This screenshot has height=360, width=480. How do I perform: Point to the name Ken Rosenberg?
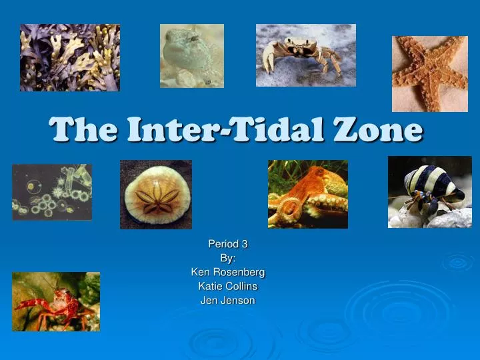coord(228,272)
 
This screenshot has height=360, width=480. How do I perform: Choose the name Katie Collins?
coord(228,286)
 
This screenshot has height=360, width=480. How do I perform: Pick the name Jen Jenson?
coord(228,300)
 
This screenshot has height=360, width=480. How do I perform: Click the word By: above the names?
coord(228,258)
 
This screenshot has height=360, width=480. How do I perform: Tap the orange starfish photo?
coord(429,73)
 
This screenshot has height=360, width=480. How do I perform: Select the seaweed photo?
coord(70,57)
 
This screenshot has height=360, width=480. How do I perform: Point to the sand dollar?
coord(156,194)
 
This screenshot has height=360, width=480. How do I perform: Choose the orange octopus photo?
coord(307,194)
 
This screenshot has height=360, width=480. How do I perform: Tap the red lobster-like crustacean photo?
coord(56,301)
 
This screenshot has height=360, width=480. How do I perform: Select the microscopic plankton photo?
coord(52,192)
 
